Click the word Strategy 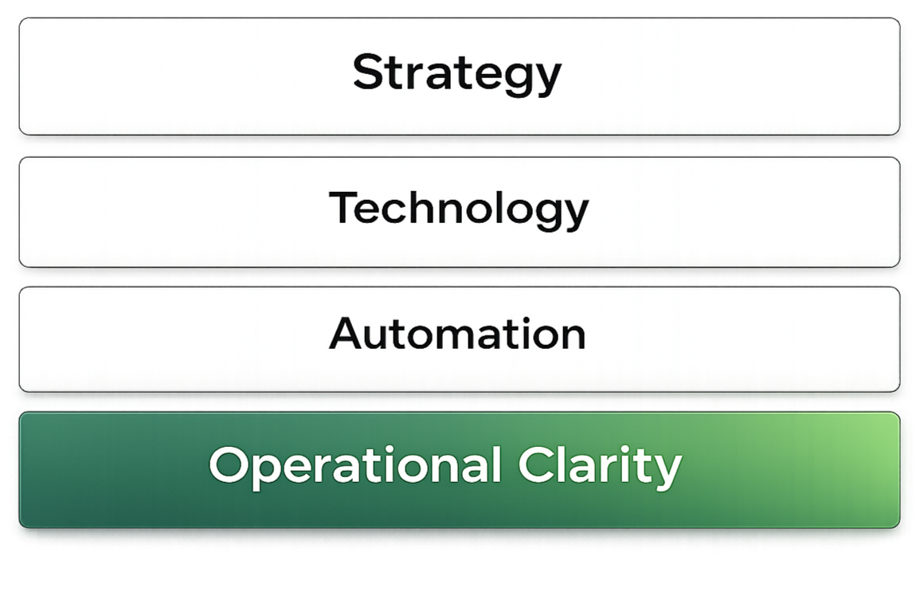tap(457, 74)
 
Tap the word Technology tap(459, 209)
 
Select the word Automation tap(457, 334)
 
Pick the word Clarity tap(601, 464)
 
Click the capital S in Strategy tap(367, 72)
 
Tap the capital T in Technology tap(344, 208)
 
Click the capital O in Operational tap(228, 464)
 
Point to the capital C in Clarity tap(536, 464)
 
